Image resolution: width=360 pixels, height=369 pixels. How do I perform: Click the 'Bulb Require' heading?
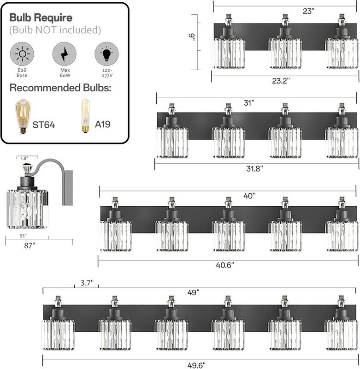(x=41, y=18)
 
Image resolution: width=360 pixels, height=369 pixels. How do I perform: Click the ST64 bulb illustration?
(x=21, y=117)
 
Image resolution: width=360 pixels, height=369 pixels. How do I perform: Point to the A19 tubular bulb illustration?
(x=85, y=116)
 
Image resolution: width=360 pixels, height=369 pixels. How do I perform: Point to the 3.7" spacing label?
(x=86, y=282)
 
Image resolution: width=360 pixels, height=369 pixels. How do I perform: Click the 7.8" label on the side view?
(x=23, y=158)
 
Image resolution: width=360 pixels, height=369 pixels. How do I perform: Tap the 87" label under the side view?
(x=30, y=245)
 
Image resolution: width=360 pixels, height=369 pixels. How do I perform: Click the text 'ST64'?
(x=44, y=125)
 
